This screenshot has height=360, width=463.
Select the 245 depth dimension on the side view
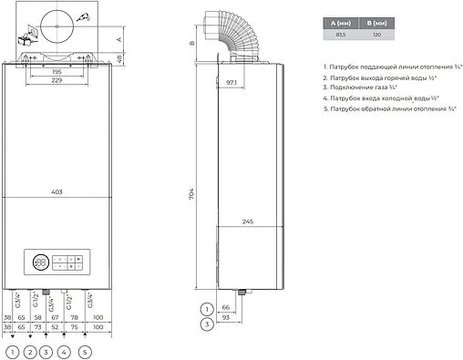pyautogui.click(x=248, y=220)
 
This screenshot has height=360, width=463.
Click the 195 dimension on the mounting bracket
pyautogui.click(x=56, y=71)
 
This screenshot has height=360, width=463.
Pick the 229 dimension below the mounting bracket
pyautogui.click(x=56, y=81)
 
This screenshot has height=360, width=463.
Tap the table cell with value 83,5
pyautogui.click(x=339, y=34)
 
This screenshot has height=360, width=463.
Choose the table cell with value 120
pyautogui.click(x=375, y=34)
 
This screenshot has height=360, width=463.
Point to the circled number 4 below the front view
pyautogui.click(x=64, y=350)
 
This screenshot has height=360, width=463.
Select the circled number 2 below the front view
pyautogui.click(x=30, y=350)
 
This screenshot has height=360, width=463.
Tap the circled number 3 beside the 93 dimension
pyautogui.click(x=207, y=322)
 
